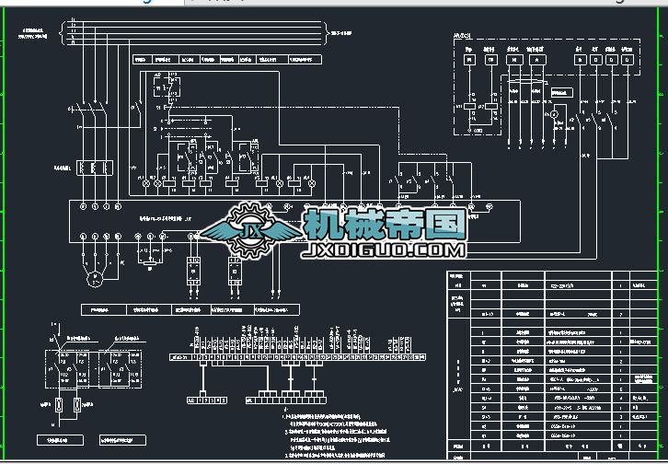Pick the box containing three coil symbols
tap(93, 168)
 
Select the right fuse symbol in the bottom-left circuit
tap(78, 405)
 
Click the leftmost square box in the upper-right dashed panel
tap(468, 60)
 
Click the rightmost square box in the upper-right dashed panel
tap(627, 60)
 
